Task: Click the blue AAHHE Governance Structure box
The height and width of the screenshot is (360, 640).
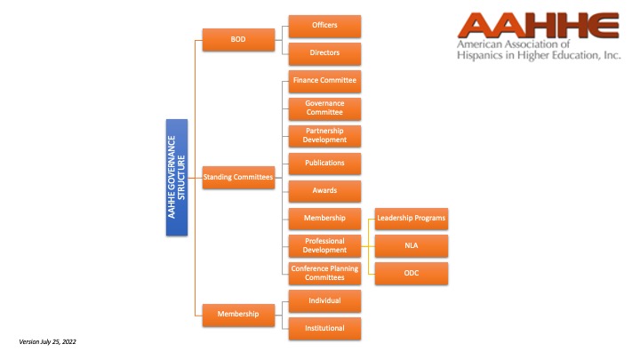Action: pyautogui.click(x=177, y=177)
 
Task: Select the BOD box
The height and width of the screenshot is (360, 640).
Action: pyautogui.click(x=238, y=40)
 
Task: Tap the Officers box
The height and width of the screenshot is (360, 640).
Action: pyautogui.click(x=324, y=26)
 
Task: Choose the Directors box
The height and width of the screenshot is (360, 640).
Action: pyautogui.click(x=324, y=53)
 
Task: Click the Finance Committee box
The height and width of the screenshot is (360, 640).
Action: pyautogui.click(x=324, y=81)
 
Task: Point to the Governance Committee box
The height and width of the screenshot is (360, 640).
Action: pyautogui.click(x=324, y=108)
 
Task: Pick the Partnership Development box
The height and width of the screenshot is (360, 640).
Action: pyautogui.click(x=324, y=136)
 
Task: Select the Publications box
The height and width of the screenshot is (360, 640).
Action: pyautogui.click(x=324, y=164)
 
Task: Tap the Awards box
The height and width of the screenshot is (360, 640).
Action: pyautogui.click(x=324, y=191)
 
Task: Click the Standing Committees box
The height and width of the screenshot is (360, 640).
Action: pyautogui.click(x=238, y=177)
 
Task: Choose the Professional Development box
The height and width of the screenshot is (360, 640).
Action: pyautogui.click(x=324, y=245)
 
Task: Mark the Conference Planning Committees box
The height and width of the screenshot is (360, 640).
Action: pyautogui.click(x=324, y=274)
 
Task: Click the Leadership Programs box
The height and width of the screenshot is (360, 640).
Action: pyautogui.click(x=412, y=219)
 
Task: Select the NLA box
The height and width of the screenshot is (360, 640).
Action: pyautogui.click(x=412, y=245)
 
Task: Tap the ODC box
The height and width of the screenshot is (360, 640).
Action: pyautogui.click(x=412, y=274)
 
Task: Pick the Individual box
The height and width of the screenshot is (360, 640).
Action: pyautogui.click(x=324, y=301)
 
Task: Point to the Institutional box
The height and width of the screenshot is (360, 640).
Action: pyautogui.click(x=324, y=329)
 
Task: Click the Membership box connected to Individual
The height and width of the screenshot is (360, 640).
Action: pyautogui.click(x=238, y=315)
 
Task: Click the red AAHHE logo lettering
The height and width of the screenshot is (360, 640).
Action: pyautogui.click(x=538, y=25)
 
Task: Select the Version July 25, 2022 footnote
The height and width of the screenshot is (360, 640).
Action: pyautogui.click(x=47, y=341)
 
